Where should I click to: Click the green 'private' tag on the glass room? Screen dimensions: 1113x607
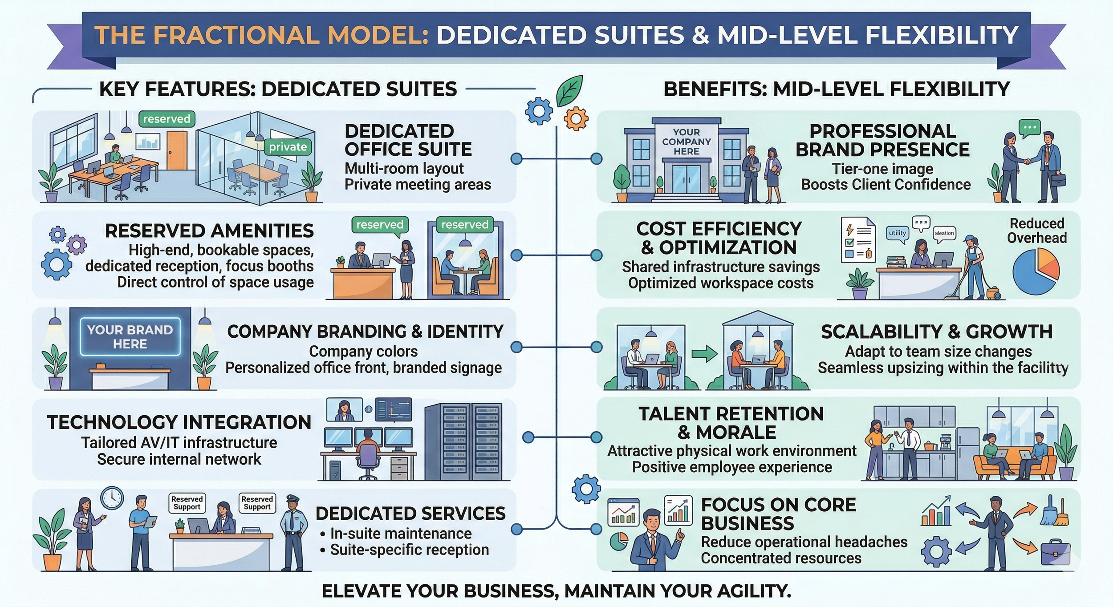point(288,147)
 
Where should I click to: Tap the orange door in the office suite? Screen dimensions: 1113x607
point(177,150)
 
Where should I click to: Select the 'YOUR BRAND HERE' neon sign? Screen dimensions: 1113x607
point(130,337)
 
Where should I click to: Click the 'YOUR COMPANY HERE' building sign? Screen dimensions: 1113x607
point(686,142)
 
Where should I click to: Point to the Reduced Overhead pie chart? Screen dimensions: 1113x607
point(1036,271)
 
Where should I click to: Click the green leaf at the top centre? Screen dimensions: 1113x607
point(569,90)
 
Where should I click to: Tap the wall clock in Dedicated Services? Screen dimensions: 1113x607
point(112,498)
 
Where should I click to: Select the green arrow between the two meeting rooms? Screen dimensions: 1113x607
point(704,354)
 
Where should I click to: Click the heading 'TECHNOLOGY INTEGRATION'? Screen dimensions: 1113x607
point(179,422)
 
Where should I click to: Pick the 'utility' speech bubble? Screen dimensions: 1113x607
point(897,233)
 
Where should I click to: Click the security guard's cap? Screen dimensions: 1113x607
point(292,498)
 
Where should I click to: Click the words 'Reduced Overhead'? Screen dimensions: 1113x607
point(1036,231)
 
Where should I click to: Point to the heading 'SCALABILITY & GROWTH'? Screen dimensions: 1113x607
point(937,332)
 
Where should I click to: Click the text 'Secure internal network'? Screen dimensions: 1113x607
point(179,459)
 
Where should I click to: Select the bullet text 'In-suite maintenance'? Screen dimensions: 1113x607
point(401,533)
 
